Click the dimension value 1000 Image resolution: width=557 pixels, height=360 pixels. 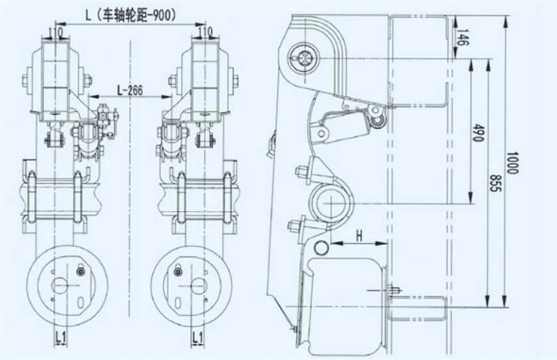coord(512,163)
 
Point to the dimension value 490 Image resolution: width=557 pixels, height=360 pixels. coord(478,132)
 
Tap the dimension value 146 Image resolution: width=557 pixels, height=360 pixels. coord(461,37)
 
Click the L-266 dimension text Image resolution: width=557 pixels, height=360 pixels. coord(130,91)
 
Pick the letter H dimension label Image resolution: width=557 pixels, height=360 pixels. coord(359,235)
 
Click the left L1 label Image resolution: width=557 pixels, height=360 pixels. coord(61,337)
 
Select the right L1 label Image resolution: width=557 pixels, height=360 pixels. coord(197,337)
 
